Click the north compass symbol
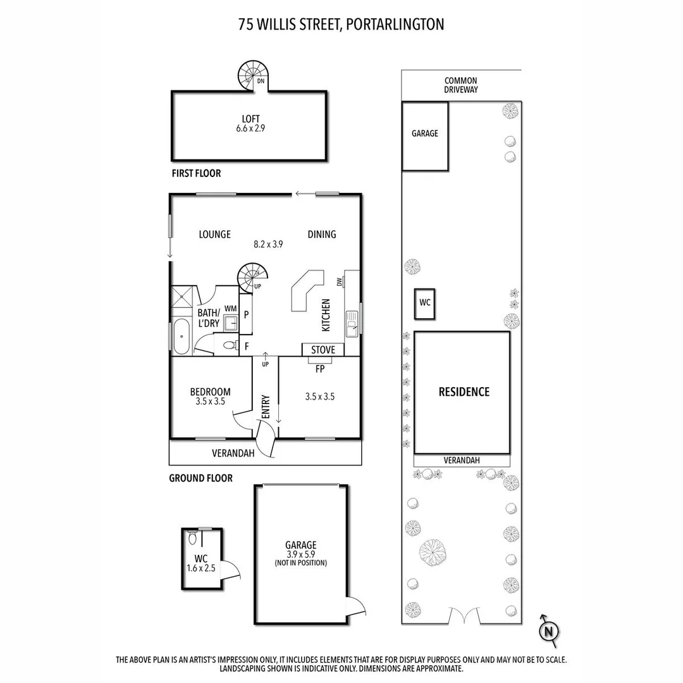[x=550, y=630]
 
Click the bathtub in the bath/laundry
[x=181, y=336]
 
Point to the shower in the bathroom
[x=185, y=295]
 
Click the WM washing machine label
[x=230, y=309]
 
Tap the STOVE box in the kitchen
[x=323, y=350]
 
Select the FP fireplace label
[x=319, y=369]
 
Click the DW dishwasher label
[x=340, y=281]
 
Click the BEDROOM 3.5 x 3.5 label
[x=210, y=396]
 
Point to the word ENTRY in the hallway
[x=265, y=407]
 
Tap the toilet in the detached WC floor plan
[x=192, y=538]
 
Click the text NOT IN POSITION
[x=300, y=563]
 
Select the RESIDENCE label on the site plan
[x=464, y=391]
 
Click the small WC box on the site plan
[x=424, y=303]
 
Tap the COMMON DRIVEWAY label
[x=460, y=85]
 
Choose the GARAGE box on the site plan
[x=425, y=134]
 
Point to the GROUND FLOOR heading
[x=200, y=478]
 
